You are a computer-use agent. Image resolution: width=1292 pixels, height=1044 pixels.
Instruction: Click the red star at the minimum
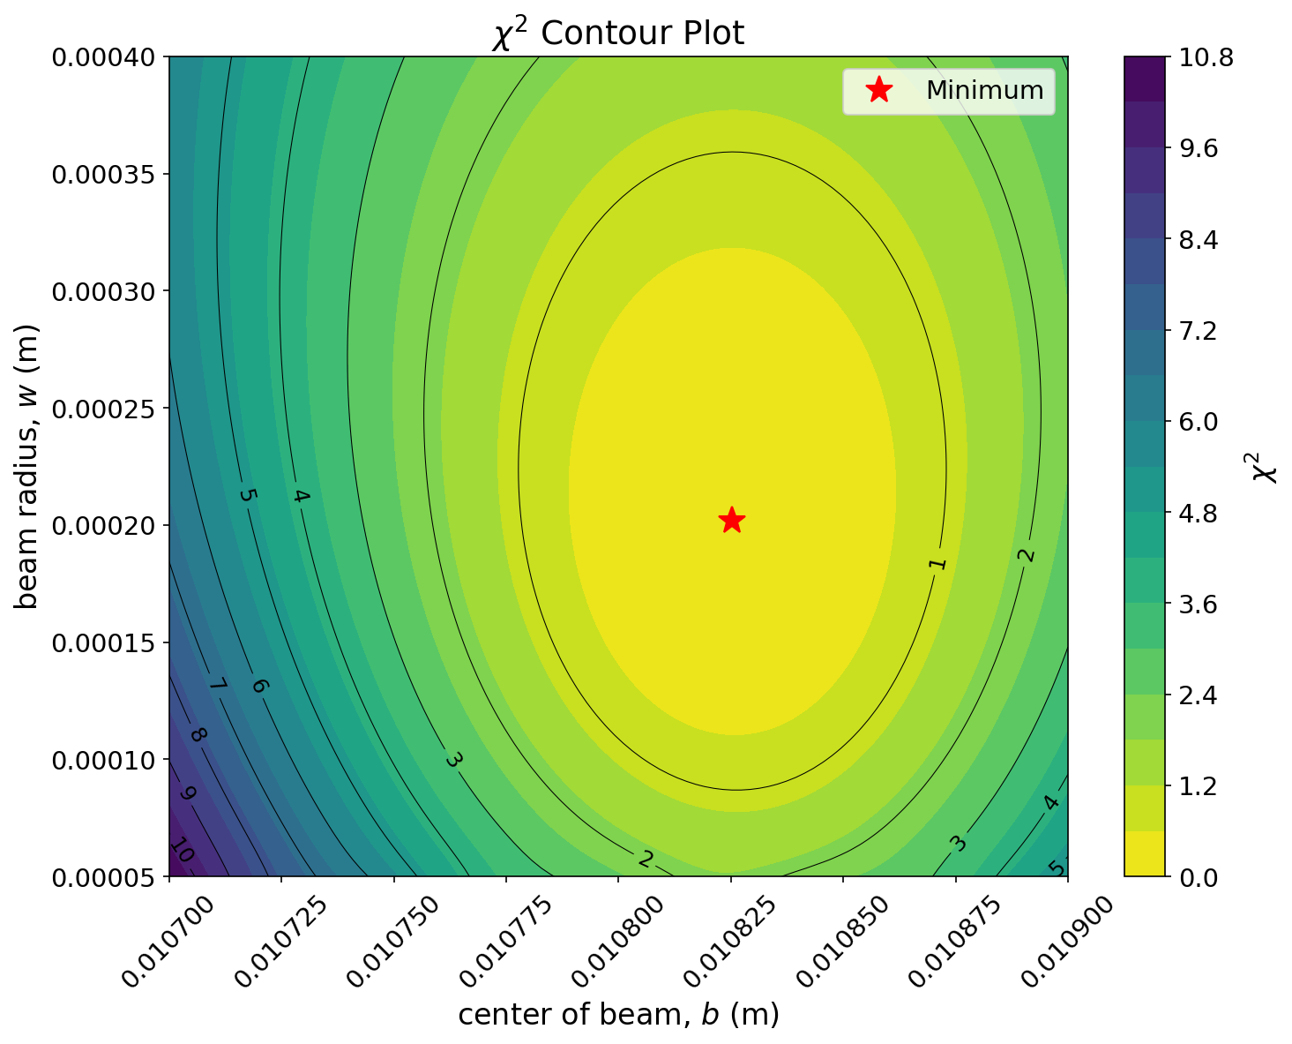tap(731, 520)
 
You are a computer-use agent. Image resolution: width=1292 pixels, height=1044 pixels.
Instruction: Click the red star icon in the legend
tap(878, 90)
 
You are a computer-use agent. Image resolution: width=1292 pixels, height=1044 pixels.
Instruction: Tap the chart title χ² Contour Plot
tap(617, 34)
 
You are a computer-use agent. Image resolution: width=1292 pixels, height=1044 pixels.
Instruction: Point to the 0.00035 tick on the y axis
tap(104, 174)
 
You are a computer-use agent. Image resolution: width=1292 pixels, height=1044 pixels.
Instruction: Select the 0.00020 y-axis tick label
tap(104, 525)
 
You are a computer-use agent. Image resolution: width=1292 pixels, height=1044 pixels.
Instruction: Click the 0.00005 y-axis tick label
tap(104, 876)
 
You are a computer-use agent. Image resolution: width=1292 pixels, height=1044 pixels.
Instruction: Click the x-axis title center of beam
tap(618, 1014)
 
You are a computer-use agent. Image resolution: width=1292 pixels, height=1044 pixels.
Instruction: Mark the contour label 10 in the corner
tap(181, 852)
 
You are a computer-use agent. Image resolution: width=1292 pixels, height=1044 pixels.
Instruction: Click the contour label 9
tap(187, 793)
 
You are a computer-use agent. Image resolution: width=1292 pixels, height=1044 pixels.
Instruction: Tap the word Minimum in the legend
tap(984, 90)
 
